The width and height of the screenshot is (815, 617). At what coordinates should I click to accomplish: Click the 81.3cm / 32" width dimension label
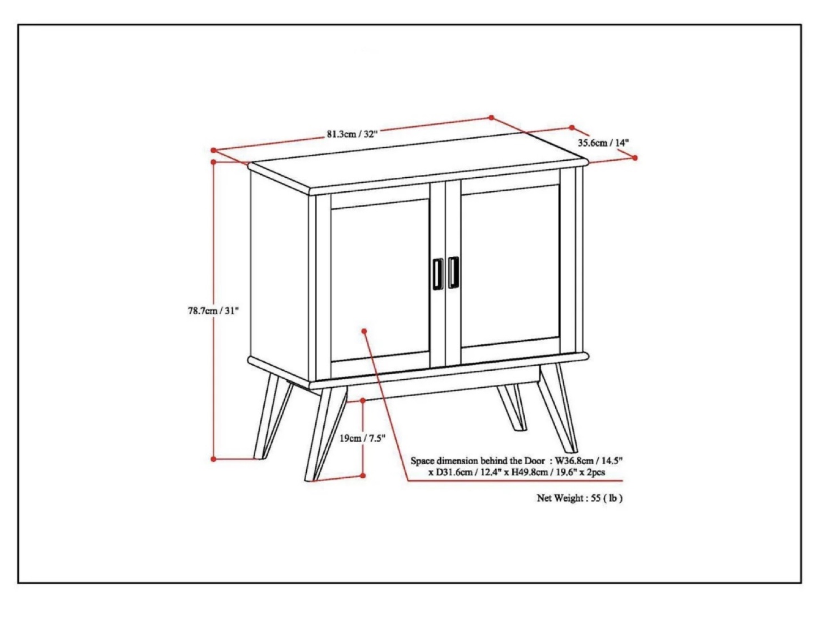352,134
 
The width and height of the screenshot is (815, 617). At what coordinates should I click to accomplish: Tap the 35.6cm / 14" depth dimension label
603,143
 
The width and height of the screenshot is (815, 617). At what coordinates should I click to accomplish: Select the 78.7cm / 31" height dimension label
213,311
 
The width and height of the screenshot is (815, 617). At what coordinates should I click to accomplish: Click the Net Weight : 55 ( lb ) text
580,498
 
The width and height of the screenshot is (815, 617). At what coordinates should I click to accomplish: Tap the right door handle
453,272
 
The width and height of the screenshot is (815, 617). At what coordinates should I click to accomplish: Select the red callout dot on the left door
364,331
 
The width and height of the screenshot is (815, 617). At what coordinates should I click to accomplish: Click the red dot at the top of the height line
213,162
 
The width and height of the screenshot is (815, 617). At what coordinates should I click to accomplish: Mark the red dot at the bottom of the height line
213,459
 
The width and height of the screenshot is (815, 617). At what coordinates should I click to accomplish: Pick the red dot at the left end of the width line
213,150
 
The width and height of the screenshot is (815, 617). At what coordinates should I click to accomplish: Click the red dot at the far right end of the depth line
634,158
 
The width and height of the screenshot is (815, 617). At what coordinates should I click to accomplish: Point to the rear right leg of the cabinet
512,408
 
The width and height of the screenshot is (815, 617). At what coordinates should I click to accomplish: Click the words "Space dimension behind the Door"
478,461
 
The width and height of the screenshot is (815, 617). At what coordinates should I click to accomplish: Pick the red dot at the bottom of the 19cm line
363,475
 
